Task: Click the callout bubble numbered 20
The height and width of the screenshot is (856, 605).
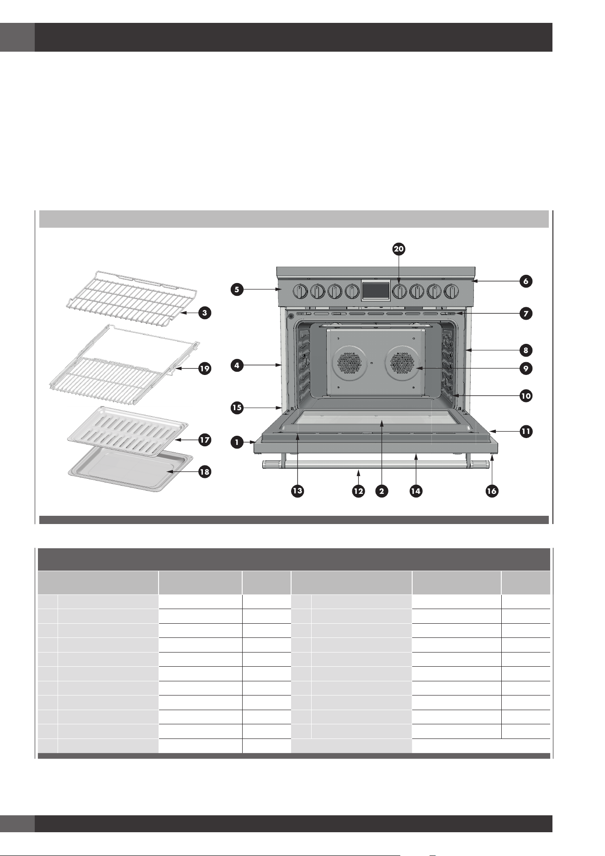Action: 398,249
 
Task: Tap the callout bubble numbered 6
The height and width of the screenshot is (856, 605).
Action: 526,281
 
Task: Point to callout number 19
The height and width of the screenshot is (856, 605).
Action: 205,368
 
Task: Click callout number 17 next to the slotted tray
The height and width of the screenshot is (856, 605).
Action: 205,440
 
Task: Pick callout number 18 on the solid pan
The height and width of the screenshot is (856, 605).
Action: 205,471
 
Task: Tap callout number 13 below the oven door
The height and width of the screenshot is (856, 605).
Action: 297,491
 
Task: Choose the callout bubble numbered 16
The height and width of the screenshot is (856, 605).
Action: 492,491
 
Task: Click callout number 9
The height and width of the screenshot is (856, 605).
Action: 526,368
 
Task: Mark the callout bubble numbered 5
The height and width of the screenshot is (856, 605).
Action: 237,289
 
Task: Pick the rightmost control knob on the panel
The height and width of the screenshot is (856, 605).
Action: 452,291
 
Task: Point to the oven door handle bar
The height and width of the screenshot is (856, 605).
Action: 376,465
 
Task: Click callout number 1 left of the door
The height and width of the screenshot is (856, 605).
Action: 237,442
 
